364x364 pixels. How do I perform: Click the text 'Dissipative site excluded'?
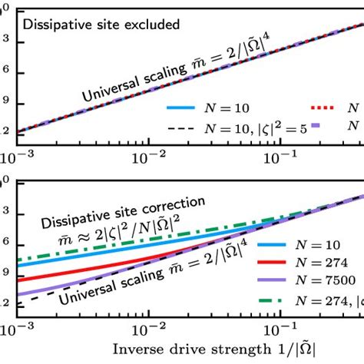(101, 24)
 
